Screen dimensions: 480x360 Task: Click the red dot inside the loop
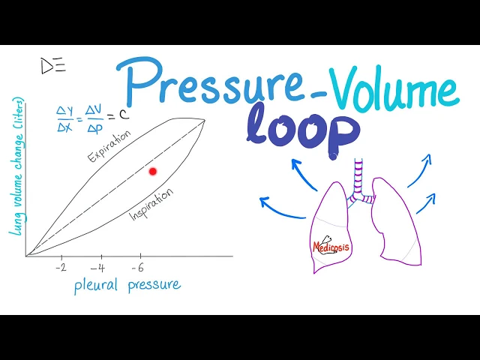(x=153, y=172)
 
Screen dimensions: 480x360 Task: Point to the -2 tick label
(x=61, y=267)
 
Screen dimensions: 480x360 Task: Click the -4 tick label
(x=97, y=267)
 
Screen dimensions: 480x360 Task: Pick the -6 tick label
(x=137, y=267)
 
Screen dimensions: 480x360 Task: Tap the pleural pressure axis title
(x=127, y=285)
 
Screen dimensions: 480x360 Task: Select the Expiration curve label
(x=109, y=146)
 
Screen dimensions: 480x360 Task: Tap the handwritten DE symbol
(x=52, y=66)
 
